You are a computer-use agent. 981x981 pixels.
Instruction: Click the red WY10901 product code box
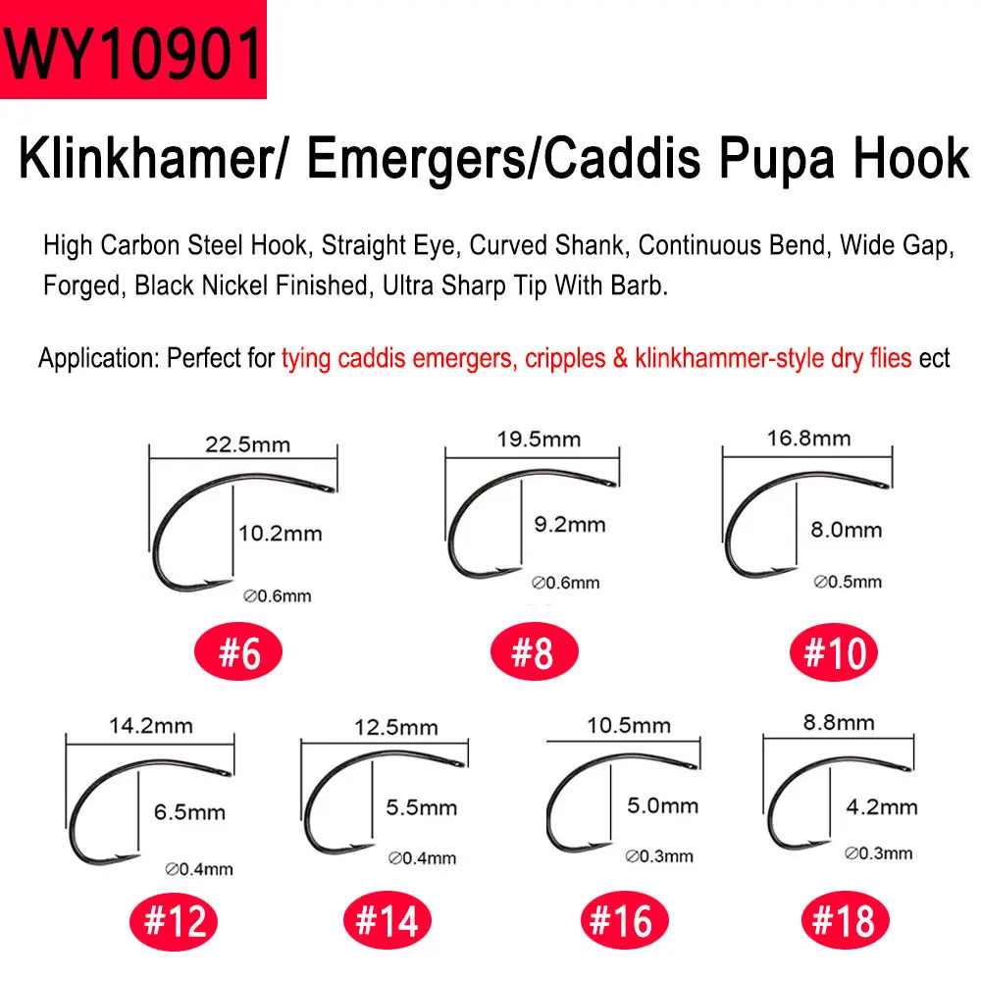(x=133, y=49)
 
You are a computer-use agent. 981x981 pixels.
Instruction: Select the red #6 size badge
(x=238, y=652)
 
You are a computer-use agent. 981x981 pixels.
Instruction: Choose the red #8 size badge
(x=535, y=651)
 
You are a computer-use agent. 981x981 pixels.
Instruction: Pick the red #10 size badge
(x=833, y=652)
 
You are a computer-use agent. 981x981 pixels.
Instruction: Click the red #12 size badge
(x=174, y=921)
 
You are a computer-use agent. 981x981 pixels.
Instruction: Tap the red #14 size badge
(x=387, y=920)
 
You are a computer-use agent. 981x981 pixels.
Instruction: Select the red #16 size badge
(x=624, y=920)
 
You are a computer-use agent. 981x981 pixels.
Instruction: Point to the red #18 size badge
(x=846, y=920)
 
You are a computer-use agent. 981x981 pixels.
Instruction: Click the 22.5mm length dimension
(x=248, y=444)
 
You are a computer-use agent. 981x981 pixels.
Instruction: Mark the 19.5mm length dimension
(x=539, y=439)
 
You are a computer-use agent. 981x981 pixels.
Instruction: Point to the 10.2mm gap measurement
(x=281, y=534)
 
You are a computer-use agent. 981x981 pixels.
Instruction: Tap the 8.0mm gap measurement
(x=847, y=530)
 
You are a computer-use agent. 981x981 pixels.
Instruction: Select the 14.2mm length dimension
(x=151, y=726)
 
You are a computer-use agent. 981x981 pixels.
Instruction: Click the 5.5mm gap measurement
(x=422, y=807)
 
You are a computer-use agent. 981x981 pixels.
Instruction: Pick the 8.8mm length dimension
(x=839, y=723)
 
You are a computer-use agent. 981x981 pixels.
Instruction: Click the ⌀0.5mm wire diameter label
(x=848, y=582)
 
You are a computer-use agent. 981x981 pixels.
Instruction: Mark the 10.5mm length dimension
(x=629, y=725)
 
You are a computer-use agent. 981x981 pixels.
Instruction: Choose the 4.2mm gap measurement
(x=882, y=807)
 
